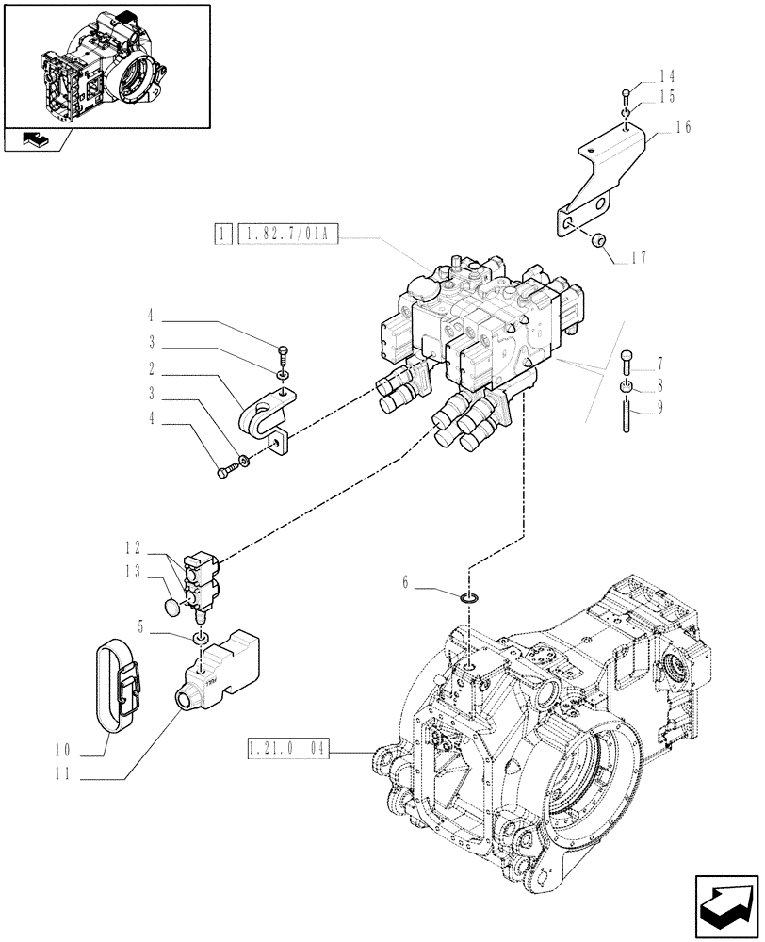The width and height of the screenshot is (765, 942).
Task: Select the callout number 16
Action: (683, 128)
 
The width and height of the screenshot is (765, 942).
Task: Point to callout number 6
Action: (406, 584)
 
